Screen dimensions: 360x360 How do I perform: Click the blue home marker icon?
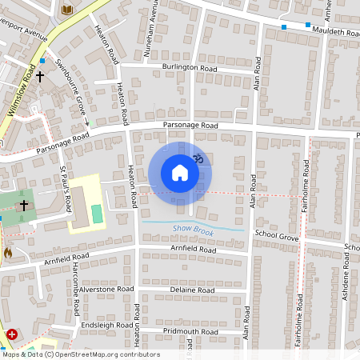(x=179, y=173)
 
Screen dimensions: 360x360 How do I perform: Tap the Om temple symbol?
(x=199, y=160)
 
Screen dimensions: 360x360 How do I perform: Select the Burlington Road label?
(x=190, y=69)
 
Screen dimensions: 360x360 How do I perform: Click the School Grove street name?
(x=276, y=238)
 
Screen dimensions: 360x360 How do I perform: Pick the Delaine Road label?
(x=193, y=289)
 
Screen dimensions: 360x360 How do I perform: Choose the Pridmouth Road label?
(x=190, y=330)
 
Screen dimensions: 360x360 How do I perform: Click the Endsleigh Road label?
(x=106, y=326)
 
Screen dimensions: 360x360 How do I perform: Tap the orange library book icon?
(x=67, y=10)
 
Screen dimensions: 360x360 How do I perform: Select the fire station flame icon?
(x=8, y=252)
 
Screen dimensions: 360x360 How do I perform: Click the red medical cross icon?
(x=12, y=334)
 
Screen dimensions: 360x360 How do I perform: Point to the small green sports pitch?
(x=97, y=214)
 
